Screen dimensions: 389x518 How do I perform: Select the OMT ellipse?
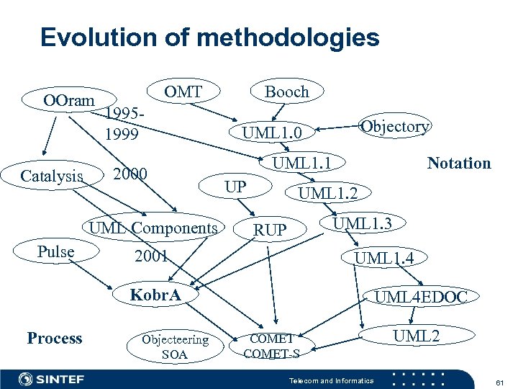[x=183, y=92]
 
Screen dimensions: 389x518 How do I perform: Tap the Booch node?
[x=286, y=92]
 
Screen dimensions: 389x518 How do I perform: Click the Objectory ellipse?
[x=395, y=127]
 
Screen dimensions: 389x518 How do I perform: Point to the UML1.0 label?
[x=276, y=133]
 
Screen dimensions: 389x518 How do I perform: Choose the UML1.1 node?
[x=301, y=164]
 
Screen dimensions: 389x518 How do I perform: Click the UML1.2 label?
[x=333, y=192]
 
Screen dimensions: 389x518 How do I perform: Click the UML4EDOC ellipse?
[x=421, y=296]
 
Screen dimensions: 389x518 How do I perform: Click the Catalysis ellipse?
[x=52, y=176]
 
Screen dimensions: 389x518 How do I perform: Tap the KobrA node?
[x=155, y=295]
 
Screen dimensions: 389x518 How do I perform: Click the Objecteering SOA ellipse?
[x=175, y=346]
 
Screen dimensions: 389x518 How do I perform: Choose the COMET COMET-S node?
[x=272, y=346]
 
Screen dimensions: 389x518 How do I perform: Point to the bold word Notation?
[x=458, y=164]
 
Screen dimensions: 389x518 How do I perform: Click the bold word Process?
[x=54, y=339]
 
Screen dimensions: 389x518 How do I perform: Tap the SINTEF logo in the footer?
[x=51, y=379]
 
